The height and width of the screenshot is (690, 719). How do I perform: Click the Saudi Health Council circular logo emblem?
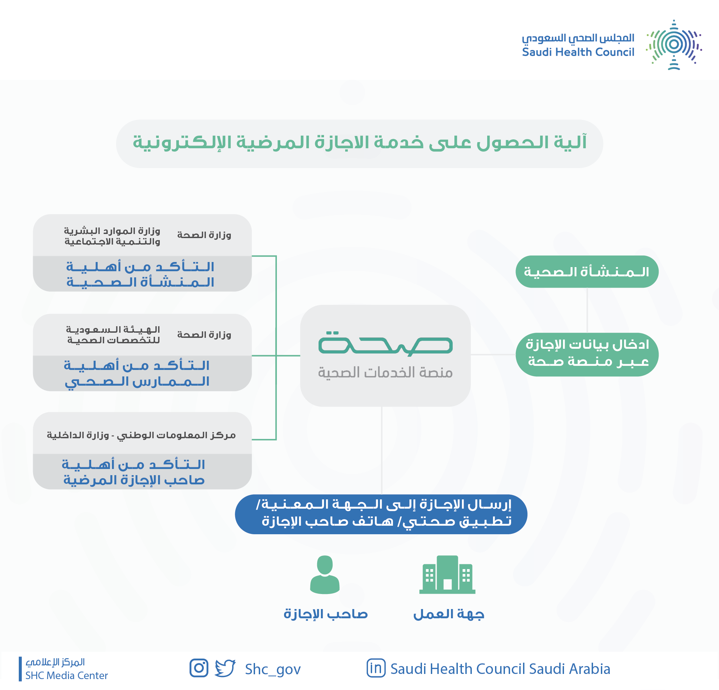pos(674,45)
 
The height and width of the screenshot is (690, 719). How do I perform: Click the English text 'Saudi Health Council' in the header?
pos(578,52)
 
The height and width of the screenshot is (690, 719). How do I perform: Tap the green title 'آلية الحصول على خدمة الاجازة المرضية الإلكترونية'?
pos(359,142)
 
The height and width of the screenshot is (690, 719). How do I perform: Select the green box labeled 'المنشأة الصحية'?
pos(587,272)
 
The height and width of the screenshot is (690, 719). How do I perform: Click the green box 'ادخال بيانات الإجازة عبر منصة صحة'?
pos(587,354)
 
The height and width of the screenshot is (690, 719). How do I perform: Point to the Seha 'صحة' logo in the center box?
pos(385,344)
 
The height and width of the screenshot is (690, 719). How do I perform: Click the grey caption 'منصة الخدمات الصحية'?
pos(385,373)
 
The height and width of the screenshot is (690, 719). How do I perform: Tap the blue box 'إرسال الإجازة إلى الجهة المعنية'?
pos(381,514)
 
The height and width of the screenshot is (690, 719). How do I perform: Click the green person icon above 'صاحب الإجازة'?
pos(325,575)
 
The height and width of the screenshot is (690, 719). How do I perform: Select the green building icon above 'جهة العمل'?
pos(447,575)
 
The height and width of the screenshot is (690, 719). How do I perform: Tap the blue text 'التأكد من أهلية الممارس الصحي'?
pos(137,373)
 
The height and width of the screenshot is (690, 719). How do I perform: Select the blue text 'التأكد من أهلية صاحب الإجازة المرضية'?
pos(133,472)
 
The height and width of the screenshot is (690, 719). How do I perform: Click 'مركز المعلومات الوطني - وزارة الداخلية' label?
pos(141,435)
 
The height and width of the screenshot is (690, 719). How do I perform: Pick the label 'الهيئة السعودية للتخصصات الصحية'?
pos(113,335)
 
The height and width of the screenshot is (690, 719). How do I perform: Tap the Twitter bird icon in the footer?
pos(225,668)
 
